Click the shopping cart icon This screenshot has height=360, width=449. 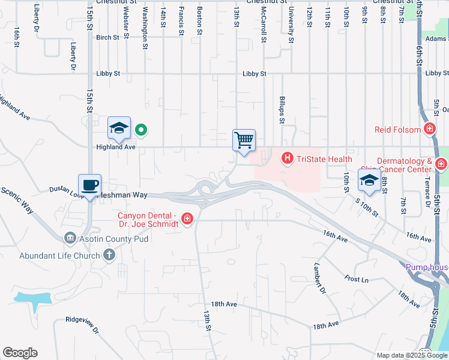[x=244, y=141]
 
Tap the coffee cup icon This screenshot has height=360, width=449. [x=89, y=185]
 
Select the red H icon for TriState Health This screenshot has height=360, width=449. [x=288, y=158]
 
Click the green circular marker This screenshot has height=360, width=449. [x=141, y=129]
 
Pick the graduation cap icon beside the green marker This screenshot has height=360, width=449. [x=119, y=128]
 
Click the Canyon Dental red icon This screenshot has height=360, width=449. [x=187, y=219]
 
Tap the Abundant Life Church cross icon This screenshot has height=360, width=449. [x=109, y=255]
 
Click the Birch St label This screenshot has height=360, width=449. [x=107, y=37]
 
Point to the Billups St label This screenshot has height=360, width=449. [x=282, y=108]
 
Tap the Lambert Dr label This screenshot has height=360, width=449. [x=321, y=280]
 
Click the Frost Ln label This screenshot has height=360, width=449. [x=356, y=279]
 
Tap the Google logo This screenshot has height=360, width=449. [x=20, y=353]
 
